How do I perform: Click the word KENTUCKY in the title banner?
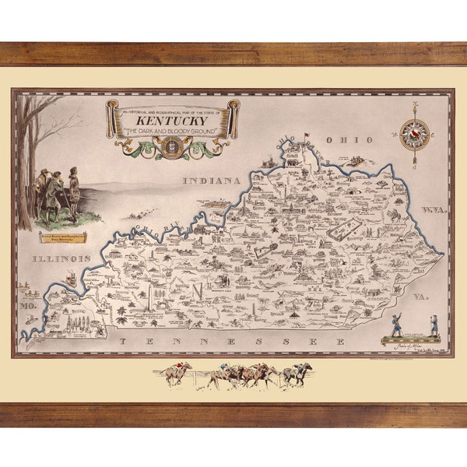(x=172, y=121)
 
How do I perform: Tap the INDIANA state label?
(x=211, y=181)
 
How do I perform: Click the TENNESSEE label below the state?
(x=233, y=342)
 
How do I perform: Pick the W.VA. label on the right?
(x=433, y=211)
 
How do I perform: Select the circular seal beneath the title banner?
(x=172, y=146)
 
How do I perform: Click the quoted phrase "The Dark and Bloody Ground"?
(x=172, y=132)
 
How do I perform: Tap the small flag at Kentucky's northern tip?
(x=306, y=136)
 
